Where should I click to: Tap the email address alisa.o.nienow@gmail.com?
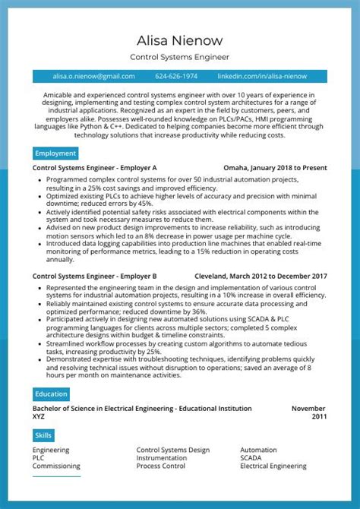(x=93, y=77)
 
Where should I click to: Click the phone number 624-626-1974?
(x=176, y=77)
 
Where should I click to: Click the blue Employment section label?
(x=55, y=153)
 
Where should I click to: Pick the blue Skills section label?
(x=44, y=435)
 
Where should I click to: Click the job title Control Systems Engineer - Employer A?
(x=95, y=168)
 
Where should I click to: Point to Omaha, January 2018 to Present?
(x=275, y=168)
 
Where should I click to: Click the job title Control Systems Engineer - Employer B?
(x=95, y=277)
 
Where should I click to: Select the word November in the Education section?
(x=308, y=409)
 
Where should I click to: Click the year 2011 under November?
(x=319, y=417)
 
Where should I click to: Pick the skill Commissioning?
(x=56, y=466)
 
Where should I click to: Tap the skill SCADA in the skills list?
(x=251, y=458)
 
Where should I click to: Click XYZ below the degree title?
(x=39, y=417)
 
